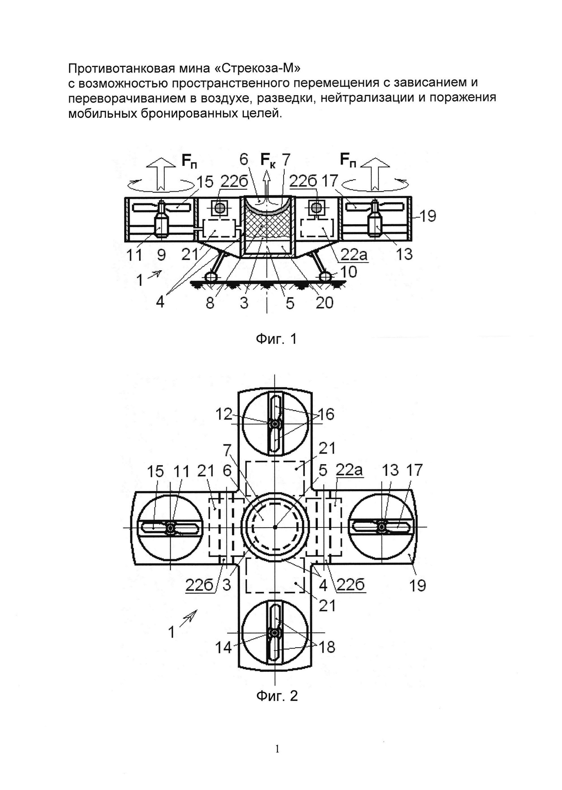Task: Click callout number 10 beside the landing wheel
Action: pyautogui.click(x=349, y=272)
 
